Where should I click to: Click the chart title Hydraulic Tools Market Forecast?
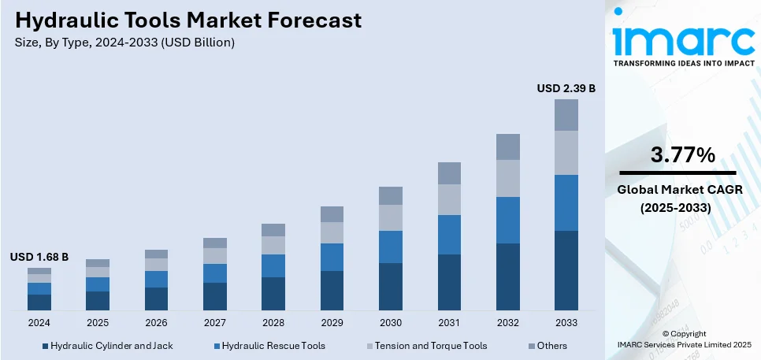tap(188, 20)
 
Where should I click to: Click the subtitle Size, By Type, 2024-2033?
tap(124, 43)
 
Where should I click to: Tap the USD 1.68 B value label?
tap(39, 257)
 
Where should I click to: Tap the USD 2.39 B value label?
tap(566, 89)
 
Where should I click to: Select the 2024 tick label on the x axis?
tap(39, 322)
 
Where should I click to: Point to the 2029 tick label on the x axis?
tap(332, 322)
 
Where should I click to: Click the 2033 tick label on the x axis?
tap(566, 322)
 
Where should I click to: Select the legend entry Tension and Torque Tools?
tap(430, 345)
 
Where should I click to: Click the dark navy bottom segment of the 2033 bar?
tap(566, 270)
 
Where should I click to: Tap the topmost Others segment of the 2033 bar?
tap(566, 115)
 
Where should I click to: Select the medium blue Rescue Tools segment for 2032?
tap(507, 220)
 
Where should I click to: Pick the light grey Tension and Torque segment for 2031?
tap(449, 199)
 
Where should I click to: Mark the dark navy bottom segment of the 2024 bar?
tap(39, 302)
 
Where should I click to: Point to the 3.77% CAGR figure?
tap(682, 155)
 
